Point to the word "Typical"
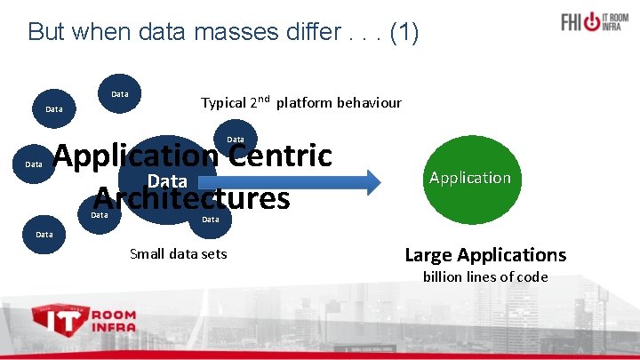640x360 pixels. (x=223, y=103)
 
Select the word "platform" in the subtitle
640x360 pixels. (x=304, y=103)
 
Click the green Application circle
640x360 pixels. (x=469, y=178)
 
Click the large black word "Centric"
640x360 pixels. (x=278, y=156)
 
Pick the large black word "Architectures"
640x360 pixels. (x=192, y=197)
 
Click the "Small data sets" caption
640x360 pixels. (x=178, y=254)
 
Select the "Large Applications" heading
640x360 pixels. (x=485, y=255)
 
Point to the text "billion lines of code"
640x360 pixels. (x=485, y=277)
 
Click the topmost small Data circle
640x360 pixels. (x=120, y=94)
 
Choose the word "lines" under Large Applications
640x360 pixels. (x=485, y=277)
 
